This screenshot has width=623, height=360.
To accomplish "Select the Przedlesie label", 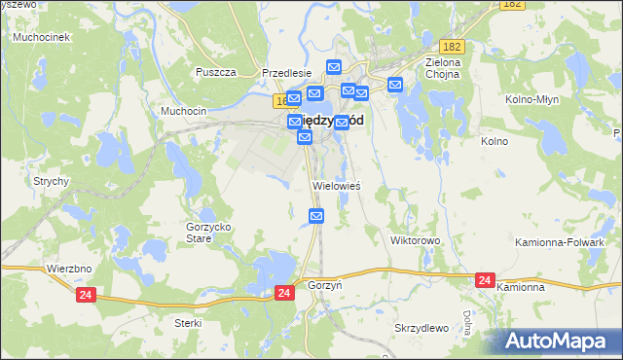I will pyautogui.click(x=286, y=72).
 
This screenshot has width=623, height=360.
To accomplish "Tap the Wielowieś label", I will pyautogui.click(x=337, y=185).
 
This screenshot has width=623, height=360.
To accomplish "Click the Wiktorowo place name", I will pyautogui.click(x=416, y=239).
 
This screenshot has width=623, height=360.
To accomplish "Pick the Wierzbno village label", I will pyautogui.click(x=68, y=268).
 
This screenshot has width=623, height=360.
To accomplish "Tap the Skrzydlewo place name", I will pyautogui.click(x=421, y=328).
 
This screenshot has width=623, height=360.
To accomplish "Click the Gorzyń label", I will pyautogui.click(x=324, y=288).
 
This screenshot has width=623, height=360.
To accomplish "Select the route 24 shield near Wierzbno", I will pyautogui.click(x=86, y=293).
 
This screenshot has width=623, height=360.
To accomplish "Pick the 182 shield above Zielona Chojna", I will pyautogui.click(x=451, y=47).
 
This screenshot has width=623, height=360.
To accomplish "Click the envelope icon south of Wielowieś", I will pyautogui.click(x=315, y=215).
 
